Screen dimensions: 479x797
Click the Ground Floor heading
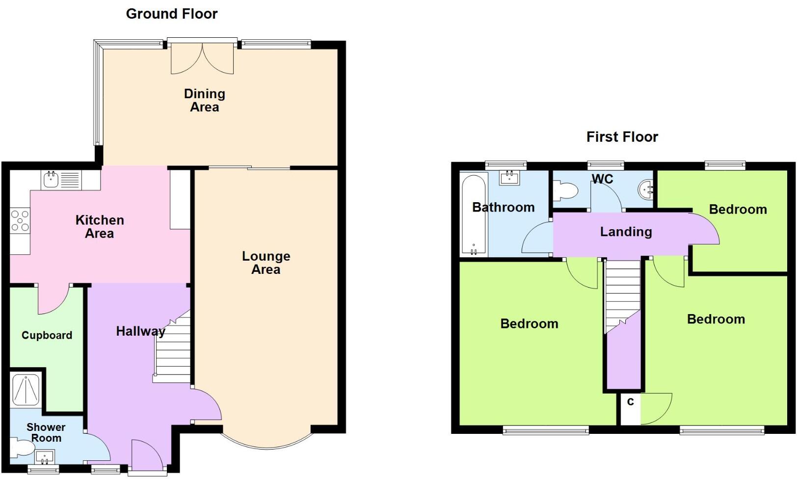(171, 14)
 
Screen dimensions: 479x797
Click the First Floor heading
(622, 136)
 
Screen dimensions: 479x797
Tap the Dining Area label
(204, 100)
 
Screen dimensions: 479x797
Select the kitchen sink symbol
(51, 180)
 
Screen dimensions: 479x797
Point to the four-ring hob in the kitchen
(20, 220)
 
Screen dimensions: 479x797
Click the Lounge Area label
(266, 263)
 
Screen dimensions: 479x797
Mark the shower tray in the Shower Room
(26, 390)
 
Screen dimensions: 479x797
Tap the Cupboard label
(47, 335)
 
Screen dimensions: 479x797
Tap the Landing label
(626, 232)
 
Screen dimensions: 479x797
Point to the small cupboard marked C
(630, 408)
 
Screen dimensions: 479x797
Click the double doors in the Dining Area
(202, 58)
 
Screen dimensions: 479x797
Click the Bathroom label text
(503, 207)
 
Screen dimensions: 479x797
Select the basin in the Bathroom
(509, 177)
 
